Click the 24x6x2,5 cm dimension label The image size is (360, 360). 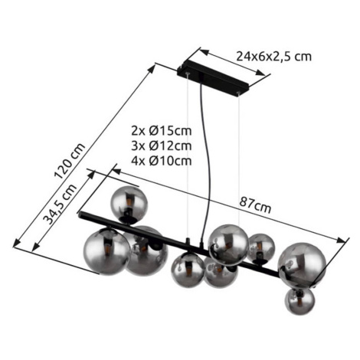tap(273, 57)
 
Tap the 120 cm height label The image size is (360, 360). tap(70, 161)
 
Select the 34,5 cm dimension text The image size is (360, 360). tap(60, 204)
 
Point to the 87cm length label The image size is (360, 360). tap(255, 205)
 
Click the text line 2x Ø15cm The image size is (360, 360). tap(162, 131)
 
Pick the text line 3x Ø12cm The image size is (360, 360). tap(162, 146)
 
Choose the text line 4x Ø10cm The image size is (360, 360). tap(162, 161)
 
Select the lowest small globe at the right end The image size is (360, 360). tap(299, 301)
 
